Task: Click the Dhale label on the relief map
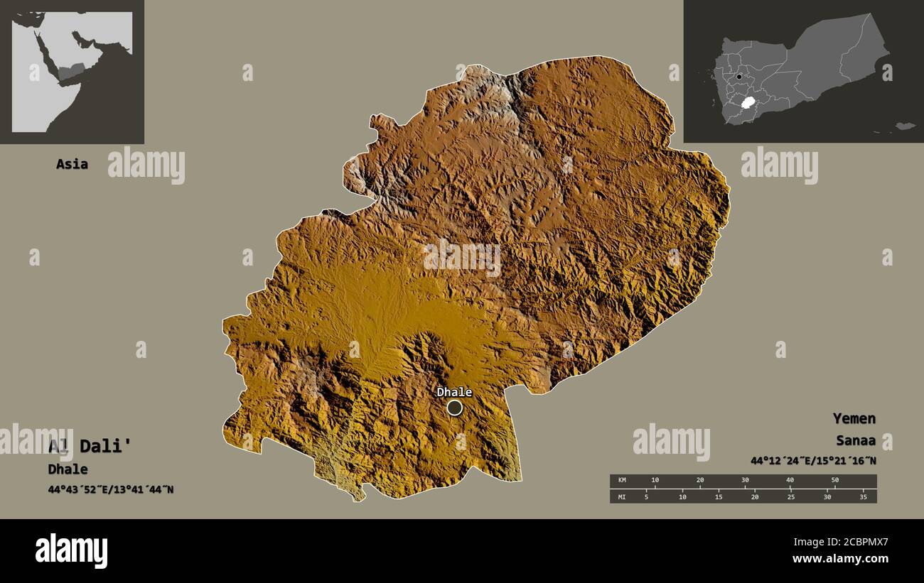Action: coord(454,392)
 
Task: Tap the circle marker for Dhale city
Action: coord(454,408)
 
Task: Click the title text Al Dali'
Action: coord(90,446)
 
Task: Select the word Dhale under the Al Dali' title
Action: coord(68,469)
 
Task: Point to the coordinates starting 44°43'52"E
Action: coord(110,489)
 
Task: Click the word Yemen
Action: coord(854,418)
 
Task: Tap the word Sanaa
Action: coord(856,441)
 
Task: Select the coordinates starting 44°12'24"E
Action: coord(813,461)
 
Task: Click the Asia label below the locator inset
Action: coord(72,164)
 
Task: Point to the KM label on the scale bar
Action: coord(623,480)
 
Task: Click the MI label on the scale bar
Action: coord(623,497)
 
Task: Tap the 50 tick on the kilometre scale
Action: coord(835,480)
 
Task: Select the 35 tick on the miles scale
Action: coord(863,497)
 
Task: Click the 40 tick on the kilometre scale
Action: coord(790,480)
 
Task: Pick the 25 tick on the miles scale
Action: coord(790,497)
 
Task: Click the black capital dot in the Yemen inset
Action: coord(739,77)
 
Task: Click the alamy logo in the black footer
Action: coord(71,551)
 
